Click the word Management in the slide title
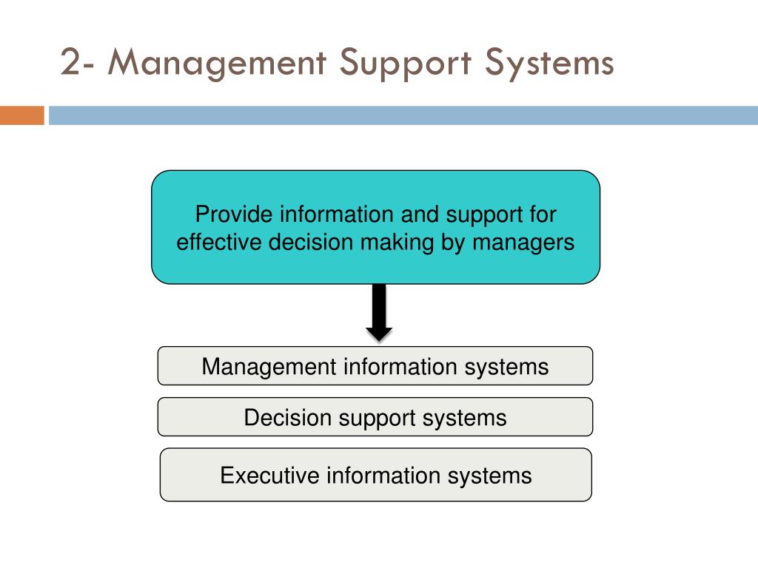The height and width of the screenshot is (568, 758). point(215,64)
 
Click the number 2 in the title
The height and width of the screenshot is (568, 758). point(70,64)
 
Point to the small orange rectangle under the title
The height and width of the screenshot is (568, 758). point(21,116)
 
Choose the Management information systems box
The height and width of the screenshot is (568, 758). point(375,366)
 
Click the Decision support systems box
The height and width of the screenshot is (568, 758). point(375,417)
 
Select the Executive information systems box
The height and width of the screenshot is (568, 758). point(375,475)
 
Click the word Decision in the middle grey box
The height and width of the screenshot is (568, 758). point(288,417)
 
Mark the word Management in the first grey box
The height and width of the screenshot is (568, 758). point(269,366)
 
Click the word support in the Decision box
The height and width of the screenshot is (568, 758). point(377,419)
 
